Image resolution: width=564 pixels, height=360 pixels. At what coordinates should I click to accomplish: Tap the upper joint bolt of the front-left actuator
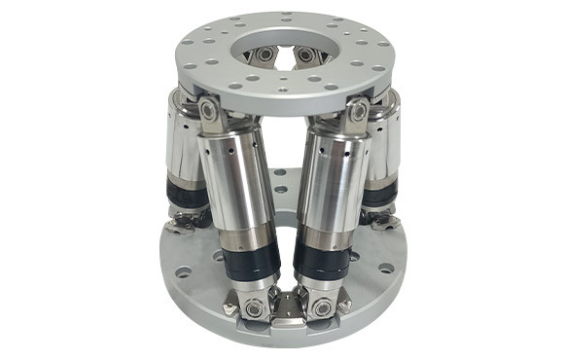[208, 112]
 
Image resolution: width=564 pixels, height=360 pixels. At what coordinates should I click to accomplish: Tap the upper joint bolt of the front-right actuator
[358, 113]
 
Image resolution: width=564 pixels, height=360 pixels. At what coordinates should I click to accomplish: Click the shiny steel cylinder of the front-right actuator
[335, 185]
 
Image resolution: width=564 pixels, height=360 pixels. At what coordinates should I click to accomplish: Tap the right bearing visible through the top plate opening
[305, 54]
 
